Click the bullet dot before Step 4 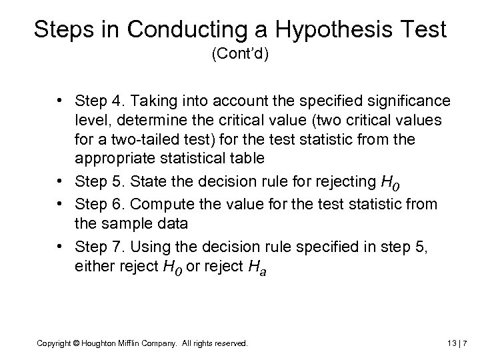click(61, 100)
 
